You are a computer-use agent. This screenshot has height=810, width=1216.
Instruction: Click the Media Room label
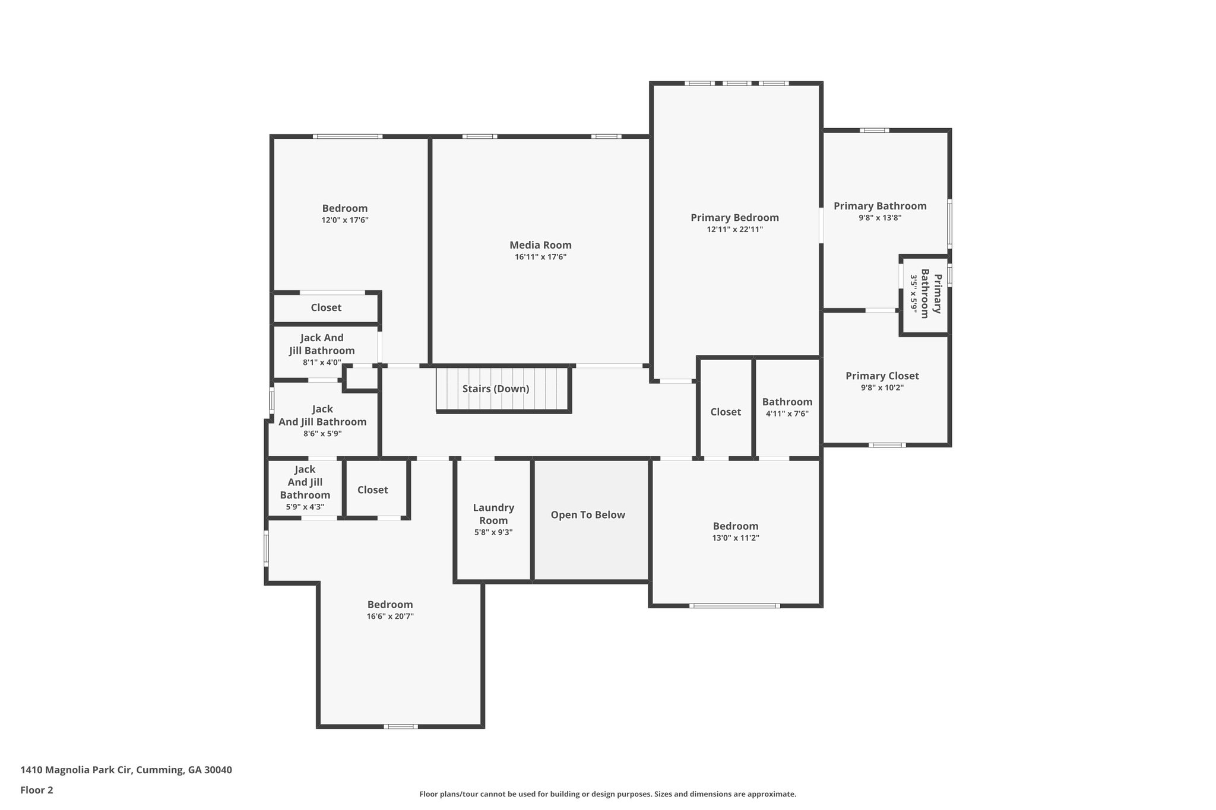[x=540, y=245]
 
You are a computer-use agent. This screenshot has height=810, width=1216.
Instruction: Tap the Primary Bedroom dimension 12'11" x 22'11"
[x=734, y=230]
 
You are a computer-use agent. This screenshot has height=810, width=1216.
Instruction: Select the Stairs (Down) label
[x=496, y=389]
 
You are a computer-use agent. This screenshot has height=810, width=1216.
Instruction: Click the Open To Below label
[x=588, y=515]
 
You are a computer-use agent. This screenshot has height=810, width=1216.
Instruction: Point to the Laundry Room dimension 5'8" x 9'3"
[x=493, y=533]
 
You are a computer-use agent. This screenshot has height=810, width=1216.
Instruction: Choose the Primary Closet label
[x=882, y=376]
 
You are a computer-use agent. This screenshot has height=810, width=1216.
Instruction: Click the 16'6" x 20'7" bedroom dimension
[x=390, y=617]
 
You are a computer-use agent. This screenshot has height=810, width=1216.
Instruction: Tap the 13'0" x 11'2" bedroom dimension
[x=736, y=538]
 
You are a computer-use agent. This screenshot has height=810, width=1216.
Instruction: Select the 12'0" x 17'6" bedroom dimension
[x=345, y=220]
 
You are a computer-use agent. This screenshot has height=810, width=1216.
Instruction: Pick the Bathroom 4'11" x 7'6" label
[x=787, y=402]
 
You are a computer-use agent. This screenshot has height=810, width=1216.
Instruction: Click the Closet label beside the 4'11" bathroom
[x=726, y=412]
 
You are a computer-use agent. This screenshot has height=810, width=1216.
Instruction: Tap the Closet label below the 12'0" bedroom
[x=326, y=307]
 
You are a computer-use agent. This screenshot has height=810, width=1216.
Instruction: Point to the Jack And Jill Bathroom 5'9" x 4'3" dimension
[x=305, y=507]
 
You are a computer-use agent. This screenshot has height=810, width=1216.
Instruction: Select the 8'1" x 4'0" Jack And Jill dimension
[x=322, y=363]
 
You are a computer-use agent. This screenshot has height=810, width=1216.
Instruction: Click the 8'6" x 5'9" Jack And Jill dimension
[x=322, y=434]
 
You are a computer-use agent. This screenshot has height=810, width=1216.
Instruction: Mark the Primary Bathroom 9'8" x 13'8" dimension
[x=880, y=218]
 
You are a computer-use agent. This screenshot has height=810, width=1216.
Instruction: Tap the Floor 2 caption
[x=37, y=790]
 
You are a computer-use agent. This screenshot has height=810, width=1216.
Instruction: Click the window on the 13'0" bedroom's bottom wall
[x=734, y=606]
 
